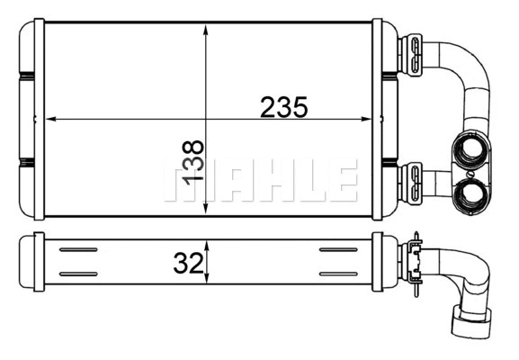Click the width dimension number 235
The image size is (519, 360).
pos(284,107)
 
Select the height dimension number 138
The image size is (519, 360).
pos(193,162)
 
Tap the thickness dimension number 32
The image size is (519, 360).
pos(186,263)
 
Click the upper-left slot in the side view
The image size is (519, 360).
pos(78,249)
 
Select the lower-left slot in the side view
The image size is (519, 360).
pos(78,273)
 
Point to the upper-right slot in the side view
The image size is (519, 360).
pos(338,249)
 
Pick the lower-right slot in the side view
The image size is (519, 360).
pos(338,273)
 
